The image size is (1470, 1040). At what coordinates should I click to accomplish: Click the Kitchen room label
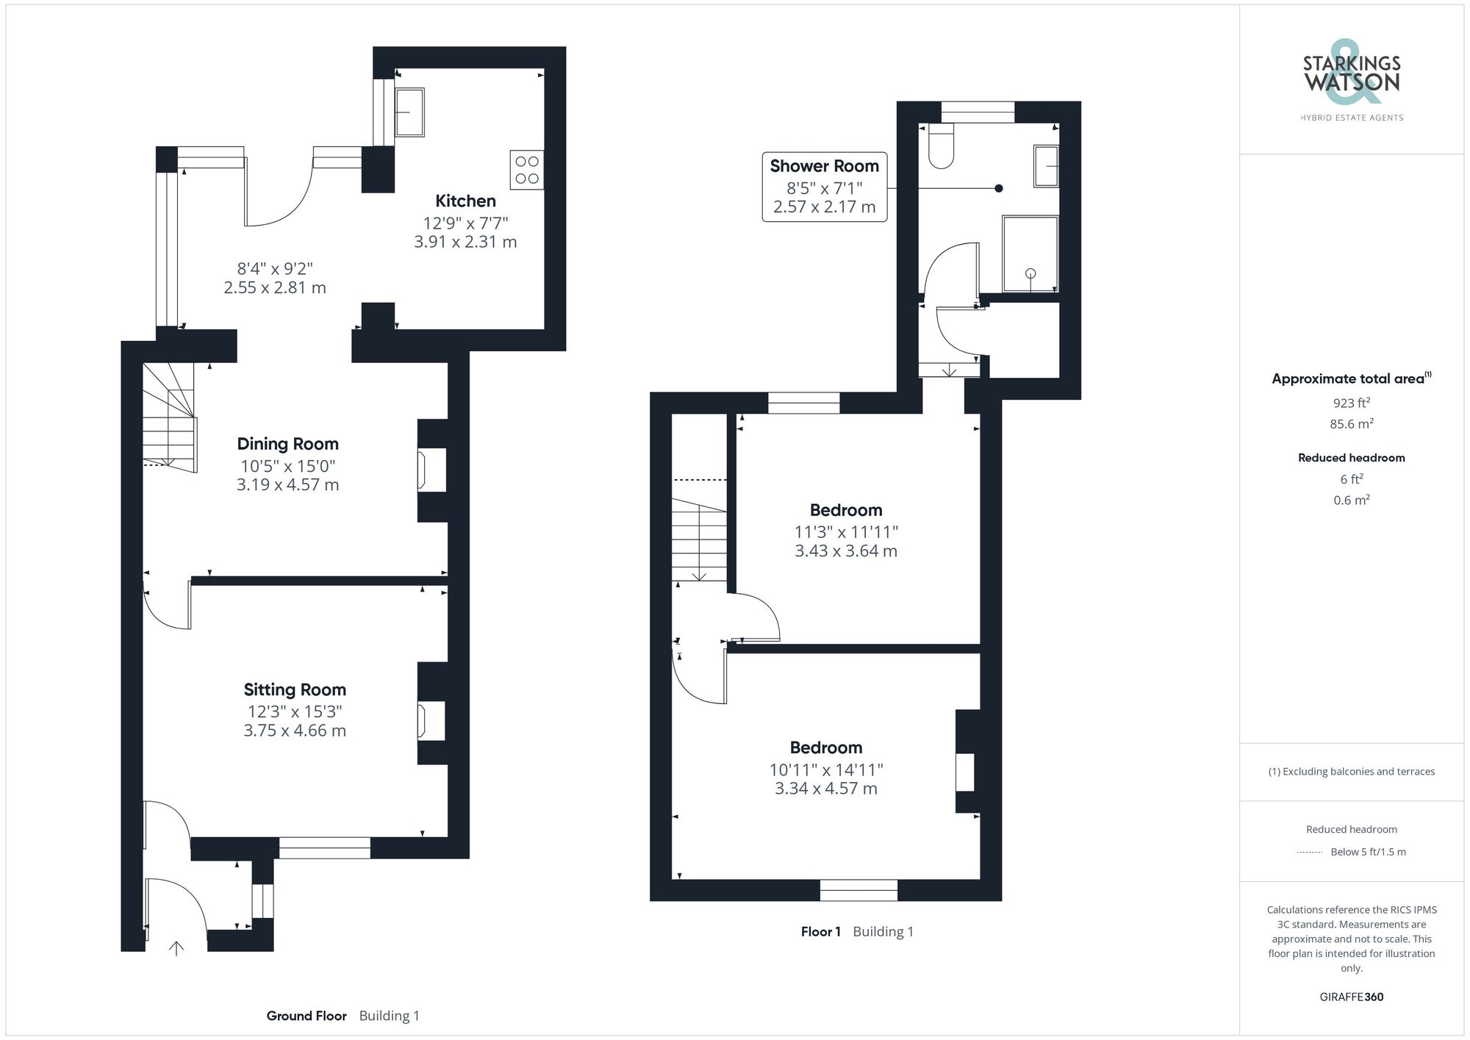click(465, 201)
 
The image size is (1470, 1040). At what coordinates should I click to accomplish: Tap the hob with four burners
click(527, 170)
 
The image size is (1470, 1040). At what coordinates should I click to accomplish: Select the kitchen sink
click(409, 112)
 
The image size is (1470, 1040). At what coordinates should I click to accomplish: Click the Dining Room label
click(287, 444)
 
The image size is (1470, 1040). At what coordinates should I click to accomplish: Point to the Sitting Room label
click(295, 689)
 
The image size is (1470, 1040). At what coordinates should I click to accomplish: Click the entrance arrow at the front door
click(176, 948)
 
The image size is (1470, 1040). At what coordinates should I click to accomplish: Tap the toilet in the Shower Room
click(942, 146)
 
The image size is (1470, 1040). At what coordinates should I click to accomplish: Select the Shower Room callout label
click(825, 187)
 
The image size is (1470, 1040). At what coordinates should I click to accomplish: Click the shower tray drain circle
click(1030, 273)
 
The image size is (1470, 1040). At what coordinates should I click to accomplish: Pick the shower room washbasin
click(1046, 166)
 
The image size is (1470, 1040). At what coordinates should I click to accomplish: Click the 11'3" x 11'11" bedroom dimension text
click(846, 531)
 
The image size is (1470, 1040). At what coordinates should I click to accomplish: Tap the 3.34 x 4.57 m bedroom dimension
click(826, 789)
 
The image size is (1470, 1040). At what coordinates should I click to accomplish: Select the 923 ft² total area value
click(1352, 403)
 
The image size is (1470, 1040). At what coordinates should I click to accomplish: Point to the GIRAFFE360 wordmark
click(1352, 997)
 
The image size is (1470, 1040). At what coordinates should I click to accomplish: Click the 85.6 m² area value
click(1352, 424)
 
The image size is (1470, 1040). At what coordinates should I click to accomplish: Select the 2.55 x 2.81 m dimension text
click(275, 287)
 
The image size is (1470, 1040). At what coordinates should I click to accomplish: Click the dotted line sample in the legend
click(1310, 853)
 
